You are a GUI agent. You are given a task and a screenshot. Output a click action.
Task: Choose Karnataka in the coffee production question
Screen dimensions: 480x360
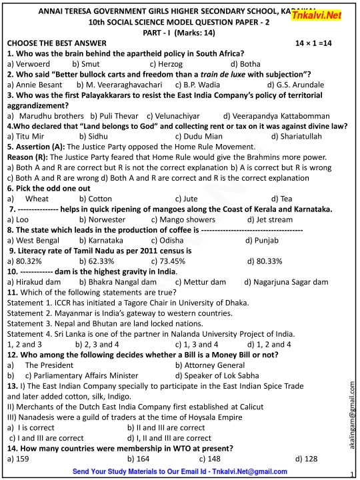(104, 239)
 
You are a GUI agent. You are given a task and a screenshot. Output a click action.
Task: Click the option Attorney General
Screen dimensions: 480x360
(209, 365)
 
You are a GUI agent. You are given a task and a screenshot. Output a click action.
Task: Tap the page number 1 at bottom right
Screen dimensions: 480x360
(351, 474)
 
